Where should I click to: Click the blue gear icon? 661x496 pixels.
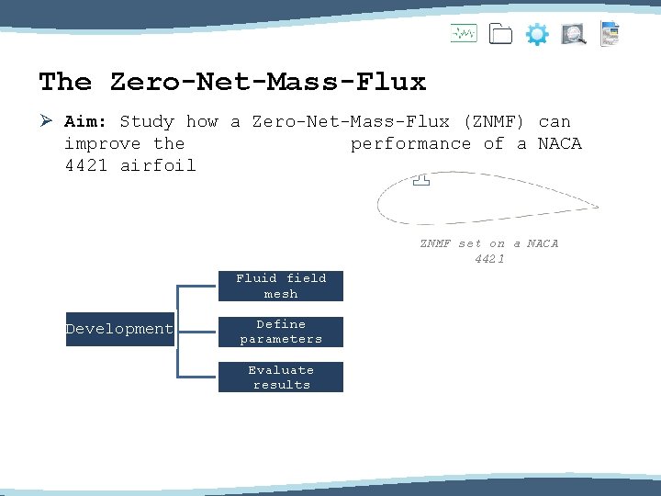(x=537, y=35)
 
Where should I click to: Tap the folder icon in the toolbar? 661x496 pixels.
(x=500, y=35)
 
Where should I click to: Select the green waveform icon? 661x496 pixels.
(x=464, y=34)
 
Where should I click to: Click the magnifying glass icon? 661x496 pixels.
(x=574, y=35)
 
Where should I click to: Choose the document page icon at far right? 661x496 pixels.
(x=610, y=34)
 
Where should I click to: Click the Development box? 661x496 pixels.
(x=119, y=329)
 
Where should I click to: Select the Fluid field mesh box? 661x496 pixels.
(x=281, y=286)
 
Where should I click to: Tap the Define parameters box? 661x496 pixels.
(x=281, y=332)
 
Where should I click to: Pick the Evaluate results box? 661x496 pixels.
(x=281, y=378)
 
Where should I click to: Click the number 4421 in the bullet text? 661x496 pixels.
(x=85, y=166)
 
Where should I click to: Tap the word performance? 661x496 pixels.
(x=409, y=143)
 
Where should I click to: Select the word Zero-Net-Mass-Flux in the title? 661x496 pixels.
(x=268, y=82)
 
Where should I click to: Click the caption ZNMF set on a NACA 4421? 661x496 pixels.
(x=489, y=251)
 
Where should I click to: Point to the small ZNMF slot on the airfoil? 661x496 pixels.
(x=421, y=181)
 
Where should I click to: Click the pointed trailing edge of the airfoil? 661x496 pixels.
(x=597, y=206)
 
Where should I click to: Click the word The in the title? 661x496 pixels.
(x=65, y=82)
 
